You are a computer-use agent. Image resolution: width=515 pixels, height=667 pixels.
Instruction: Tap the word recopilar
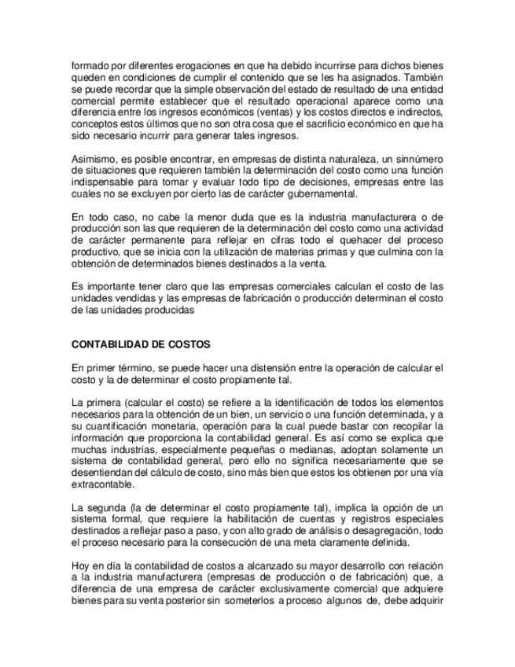coord(411,424)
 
